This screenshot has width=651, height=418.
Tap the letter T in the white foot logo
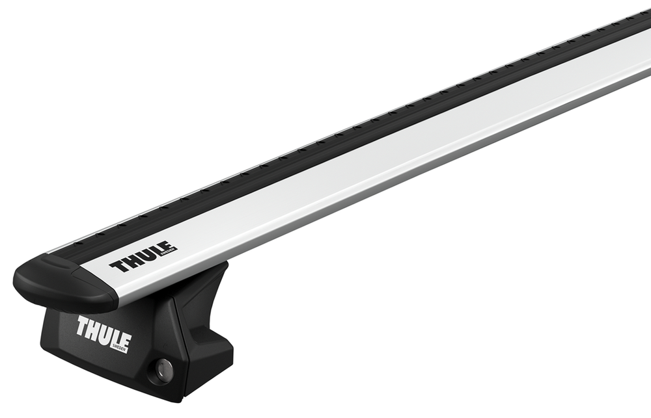[83, 325]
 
